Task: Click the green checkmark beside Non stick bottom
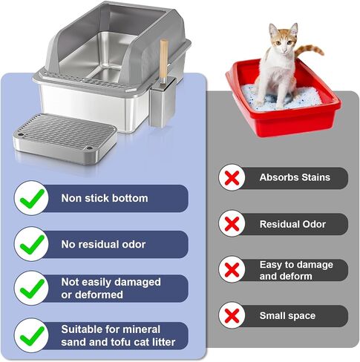click(x=32, y=199)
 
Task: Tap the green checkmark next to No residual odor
click(x=32, y=245)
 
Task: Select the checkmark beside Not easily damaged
click(x=32, y=289)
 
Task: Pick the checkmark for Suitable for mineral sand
click(x=32, y=336)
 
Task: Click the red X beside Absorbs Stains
click(x=232, y=178)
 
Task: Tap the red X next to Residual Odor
click(x=232, y=224)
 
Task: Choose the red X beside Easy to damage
click(x=232, y=270)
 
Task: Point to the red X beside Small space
click(x=232, y=316)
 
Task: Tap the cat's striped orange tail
click(x=310, y=50)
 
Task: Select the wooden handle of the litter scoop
click(x=163, y=62)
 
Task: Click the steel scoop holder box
click(x=163, y=104)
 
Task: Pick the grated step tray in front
click(x=65, y=139)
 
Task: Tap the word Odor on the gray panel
click(x=315, y=224)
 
